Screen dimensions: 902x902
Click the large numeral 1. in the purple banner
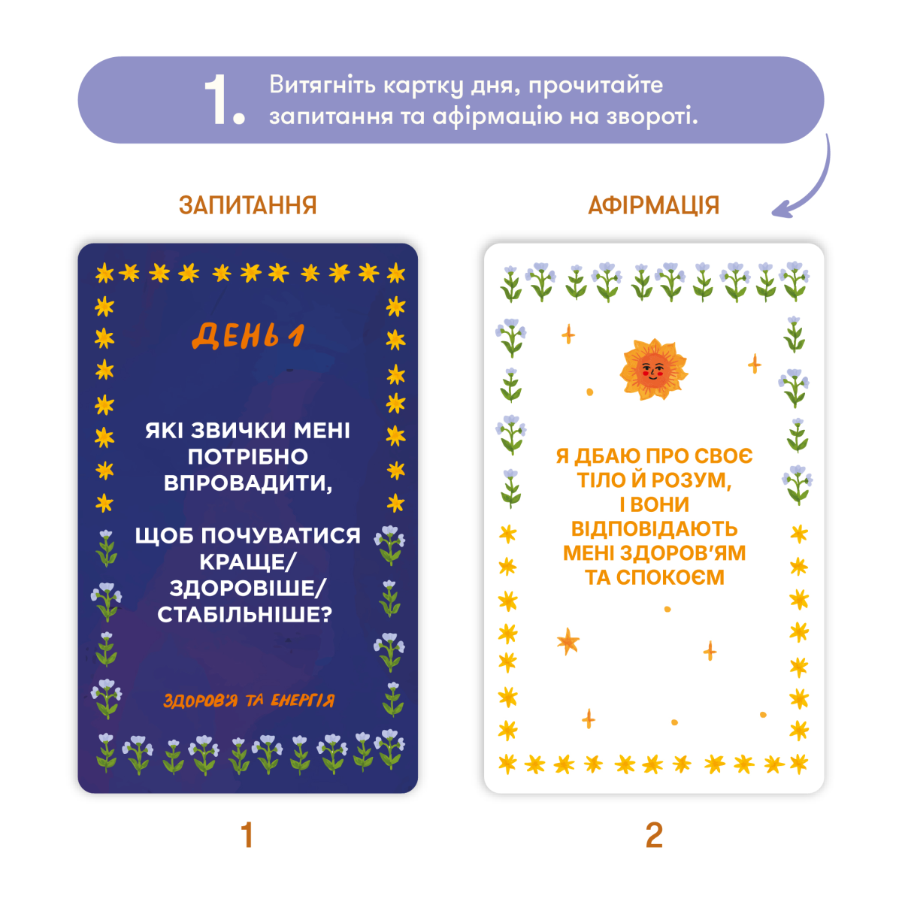(225, 101)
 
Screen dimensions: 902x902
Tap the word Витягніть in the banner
(322, 85)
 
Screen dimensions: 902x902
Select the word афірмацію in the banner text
(497, 117)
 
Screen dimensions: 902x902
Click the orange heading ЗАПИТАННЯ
(247, 205)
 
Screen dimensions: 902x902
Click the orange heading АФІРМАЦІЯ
(653, 205)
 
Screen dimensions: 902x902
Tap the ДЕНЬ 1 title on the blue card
(248, 336)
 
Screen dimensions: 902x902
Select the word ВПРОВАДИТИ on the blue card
(247, 483)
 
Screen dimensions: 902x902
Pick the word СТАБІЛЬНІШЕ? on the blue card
(245, 615)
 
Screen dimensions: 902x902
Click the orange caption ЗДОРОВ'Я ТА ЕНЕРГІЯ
(249, 701)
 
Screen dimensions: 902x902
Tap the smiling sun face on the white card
(653, 369)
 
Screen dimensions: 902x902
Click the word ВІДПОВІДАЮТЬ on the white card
(655, 529)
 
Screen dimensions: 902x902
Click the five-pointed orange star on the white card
(568, 641)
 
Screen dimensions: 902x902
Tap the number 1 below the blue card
(247, 834)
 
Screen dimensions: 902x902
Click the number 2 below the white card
(654, 834)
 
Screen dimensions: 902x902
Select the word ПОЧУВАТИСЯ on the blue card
(281, 536)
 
